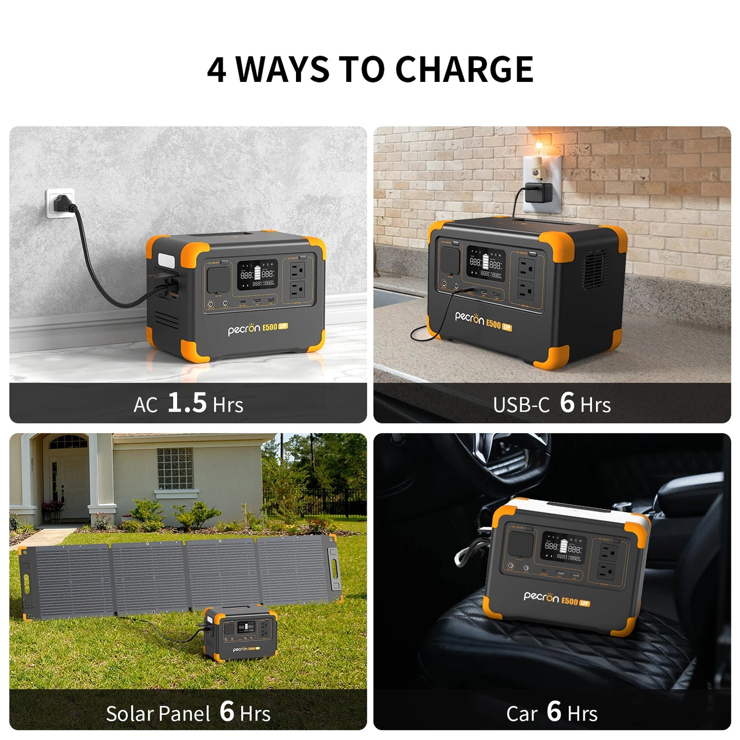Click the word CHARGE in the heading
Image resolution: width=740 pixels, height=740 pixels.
[x=464, y=70]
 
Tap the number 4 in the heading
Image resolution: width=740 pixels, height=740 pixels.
[x=217, y=70]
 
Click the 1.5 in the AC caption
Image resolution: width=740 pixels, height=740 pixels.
[x=187, y=403]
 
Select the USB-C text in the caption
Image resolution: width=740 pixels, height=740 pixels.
[x=521, y=405]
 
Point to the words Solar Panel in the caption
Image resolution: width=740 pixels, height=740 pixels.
[x=158, y=713]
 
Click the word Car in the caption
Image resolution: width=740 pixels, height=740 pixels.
[x=522, y=713]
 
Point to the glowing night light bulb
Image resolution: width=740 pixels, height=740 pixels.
[x=539, y=149]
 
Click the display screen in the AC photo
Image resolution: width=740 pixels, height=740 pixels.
[x=257, y=274]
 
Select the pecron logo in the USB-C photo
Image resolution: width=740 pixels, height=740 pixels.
[x=470, y=318]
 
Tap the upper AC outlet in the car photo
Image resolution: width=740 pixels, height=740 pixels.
[x=608, y=552]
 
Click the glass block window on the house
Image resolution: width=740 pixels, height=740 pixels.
[x=175, y=468]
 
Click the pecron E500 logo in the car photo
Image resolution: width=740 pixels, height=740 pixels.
[x=556, y=599]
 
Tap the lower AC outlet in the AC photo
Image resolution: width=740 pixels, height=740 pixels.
[x=298, y=290]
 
